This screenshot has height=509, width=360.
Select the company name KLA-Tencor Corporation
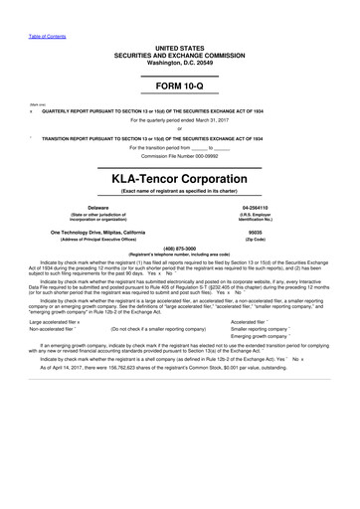pos(179,179)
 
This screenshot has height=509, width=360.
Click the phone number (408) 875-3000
pos(179,249)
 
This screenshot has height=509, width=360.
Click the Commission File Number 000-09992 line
pos(179,156)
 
